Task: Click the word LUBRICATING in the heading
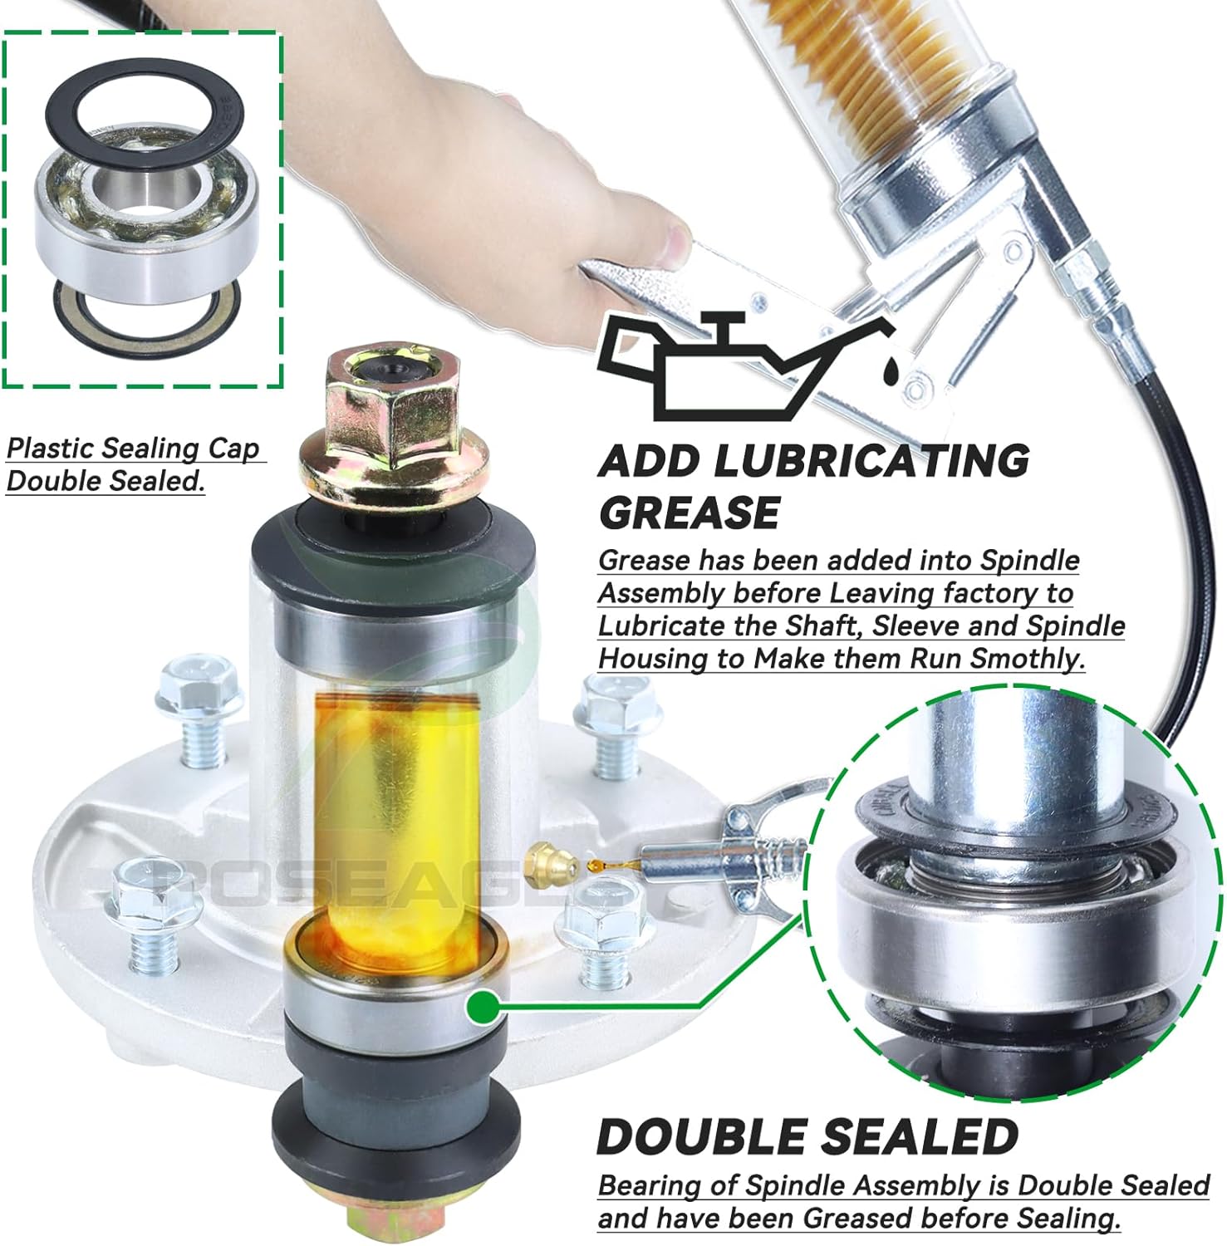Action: click(x=871, y=460)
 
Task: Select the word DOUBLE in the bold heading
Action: click(x=711, y=1136)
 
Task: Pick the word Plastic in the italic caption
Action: click(x=52, y=449)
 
